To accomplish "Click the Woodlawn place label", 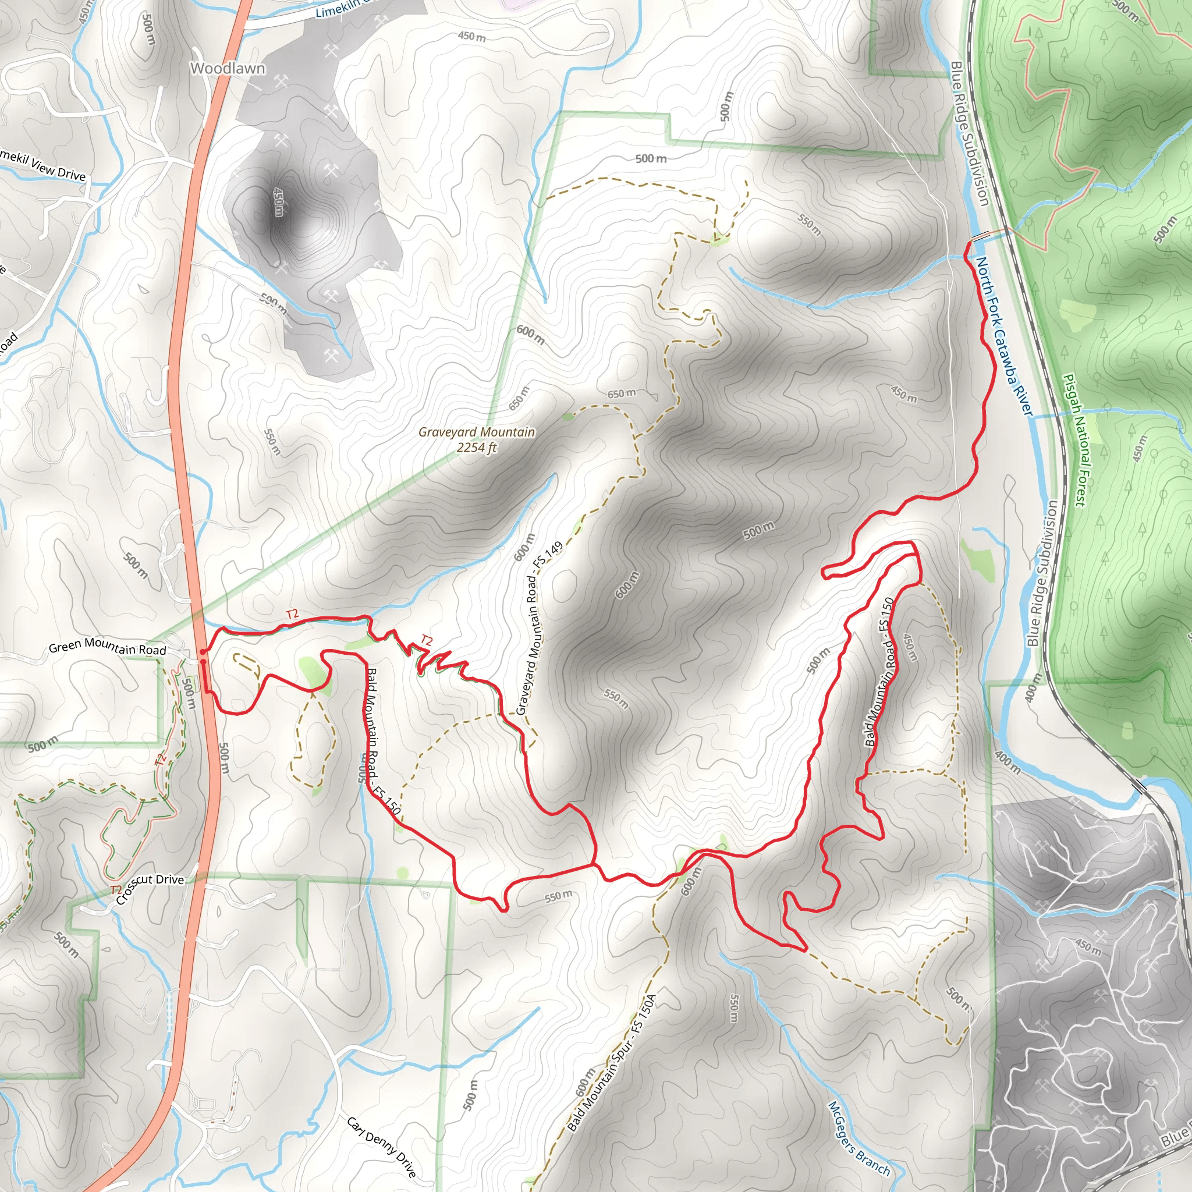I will (x=228, y=69).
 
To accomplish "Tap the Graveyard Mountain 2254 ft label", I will (x=476, y=439).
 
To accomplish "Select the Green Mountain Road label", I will (x=107, y=647).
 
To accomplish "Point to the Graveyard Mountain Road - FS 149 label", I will (x=538, y=628).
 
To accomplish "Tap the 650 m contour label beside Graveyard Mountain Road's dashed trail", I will (x=621, y=393).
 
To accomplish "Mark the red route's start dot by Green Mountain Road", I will (x=203, y=651).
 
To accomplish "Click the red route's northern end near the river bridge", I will (x=968, y=244).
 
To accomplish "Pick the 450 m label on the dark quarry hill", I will (x=278, y=203).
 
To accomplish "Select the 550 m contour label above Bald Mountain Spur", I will (x=558, y=896).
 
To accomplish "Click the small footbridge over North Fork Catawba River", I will (x=980, y=236).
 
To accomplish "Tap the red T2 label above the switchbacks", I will (x=426, y=641).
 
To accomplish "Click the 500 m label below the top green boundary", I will (x=651, y=158).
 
